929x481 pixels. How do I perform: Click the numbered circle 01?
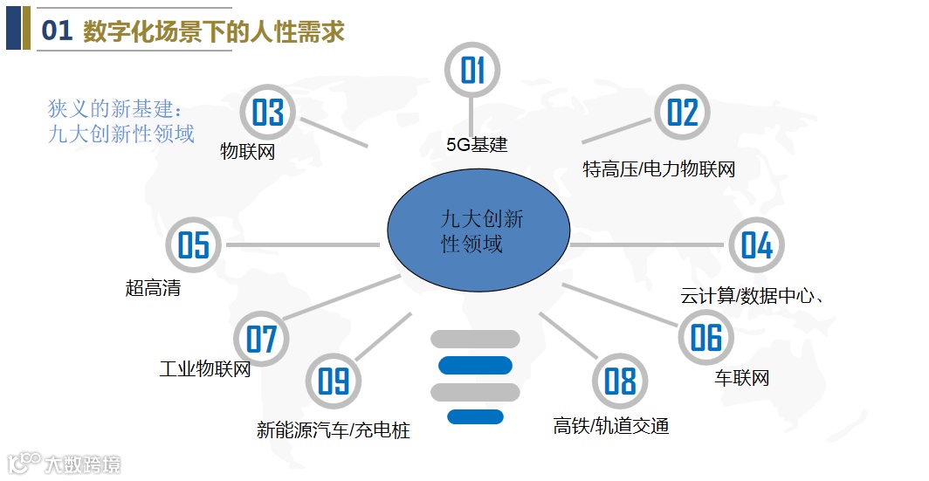pyautogui.click(x=472, y=70)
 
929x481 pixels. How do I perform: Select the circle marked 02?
pyautogui.click(x=683, y=113)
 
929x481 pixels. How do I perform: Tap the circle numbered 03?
pyautogui.click(x=268, y=113)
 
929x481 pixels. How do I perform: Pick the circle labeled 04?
pyautogui.click(x=757, y=245)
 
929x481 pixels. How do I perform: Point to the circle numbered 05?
pyautogui.click(x=194, y=244)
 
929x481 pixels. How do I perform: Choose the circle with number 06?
pyautogui.click(x=706, y=337)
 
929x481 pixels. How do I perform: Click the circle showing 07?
pyautogui.click(x=261, y=339)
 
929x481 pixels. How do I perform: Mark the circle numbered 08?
pyautogui.click(x=620, y=381)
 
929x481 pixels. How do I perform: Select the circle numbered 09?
pyautogui.click(x=334, y=381)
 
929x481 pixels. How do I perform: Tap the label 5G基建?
pyautogui.click(x=477, y=145)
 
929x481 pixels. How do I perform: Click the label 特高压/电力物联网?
pyautogui.click(x=659, y=169)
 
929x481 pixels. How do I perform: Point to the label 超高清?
pyautogui.click(x=154, y=288)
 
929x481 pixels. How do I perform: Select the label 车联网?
pyautogui.click(x=742, y=379)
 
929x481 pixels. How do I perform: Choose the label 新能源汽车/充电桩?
pyautogui.click(x=334, y=430)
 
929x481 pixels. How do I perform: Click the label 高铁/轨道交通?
pyautogui.click(x=611, y=426)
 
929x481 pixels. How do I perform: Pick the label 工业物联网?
pyautogui.click(x=205, y=368)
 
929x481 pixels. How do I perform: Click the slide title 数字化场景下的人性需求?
pyautogui.click(x=214, y=32)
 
